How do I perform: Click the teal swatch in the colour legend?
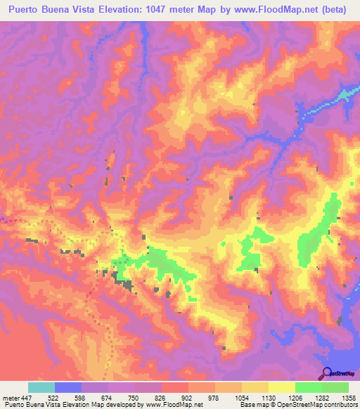pyautogui.click(x=41, y=388)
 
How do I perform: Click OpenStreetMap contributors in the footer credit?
pyautogui.click(x=316, y=405)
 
